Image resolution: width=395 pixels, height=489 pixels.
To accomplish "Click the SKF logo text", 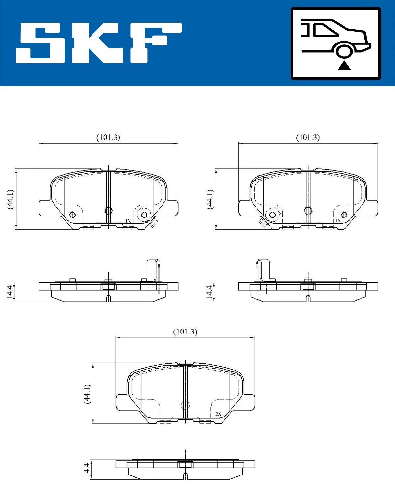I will [99, 43].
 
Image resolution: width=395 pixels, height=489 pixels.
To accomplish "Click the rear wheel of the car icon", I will [344, 51].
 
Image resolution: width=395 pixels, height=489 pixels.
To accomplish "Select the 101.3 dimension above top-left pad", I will [108, 137].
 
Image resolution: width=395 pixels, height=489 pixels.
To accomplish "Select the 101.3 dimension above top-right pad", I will [308, 137].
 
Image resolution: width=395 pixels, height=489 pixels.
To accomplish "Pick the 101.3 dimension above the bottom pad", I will [185, 332].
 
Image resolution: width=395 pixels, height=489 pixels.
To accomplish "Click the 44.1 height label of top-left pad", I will [11, 199].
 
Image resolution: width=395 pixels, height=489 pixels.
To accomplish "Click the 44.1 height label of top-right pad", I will [210, 199].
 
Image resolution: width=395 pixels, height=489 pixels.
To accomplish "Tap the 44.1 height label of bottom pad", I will [87, 393].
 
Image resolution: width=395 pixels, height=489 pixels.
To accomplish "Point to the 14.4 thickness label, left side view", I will [10, 292].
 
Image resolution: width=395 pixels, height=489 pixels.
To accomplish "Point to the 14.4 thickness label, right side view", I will [209, 292].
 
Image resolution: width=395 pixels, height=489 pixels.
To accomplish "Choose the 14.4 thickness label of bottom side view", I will [86, 470].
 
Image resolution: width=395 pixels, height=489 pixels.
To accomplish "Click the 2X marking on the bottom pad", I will [218, 414].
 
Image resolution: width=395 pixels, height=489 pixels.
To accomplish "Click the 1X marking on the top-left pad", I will [128, 221].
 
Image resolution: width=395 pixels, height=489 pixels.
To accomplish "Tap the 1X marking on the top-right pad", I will [338, 220].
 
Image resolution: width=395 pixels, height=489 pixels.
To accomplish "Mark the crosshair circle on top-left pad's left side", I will [73, 215].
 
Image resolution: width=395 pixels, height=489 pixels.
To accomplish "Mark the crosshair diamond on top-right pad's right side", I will [344, 215].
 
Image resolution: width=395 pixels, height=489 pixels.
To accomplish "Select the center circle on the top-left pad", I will [108, 210].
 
